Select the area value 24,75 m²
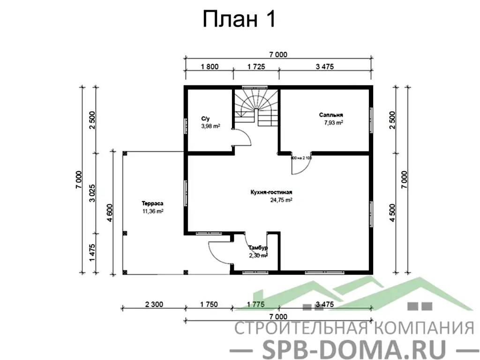point(281,200)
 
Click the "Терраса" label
point(152,203)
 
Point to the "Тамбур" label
point(258,247)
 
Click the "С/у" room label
point(205,119)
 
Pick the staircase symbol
point(256,105)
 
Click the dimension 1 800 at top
point(209,67)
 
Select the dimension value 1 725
point(256,67)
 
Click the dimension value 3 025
point(92,193)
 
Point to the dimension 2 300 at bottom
point(154,304)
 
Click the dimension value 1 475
point(92,253)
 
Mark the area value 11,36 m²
point(152,211)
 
